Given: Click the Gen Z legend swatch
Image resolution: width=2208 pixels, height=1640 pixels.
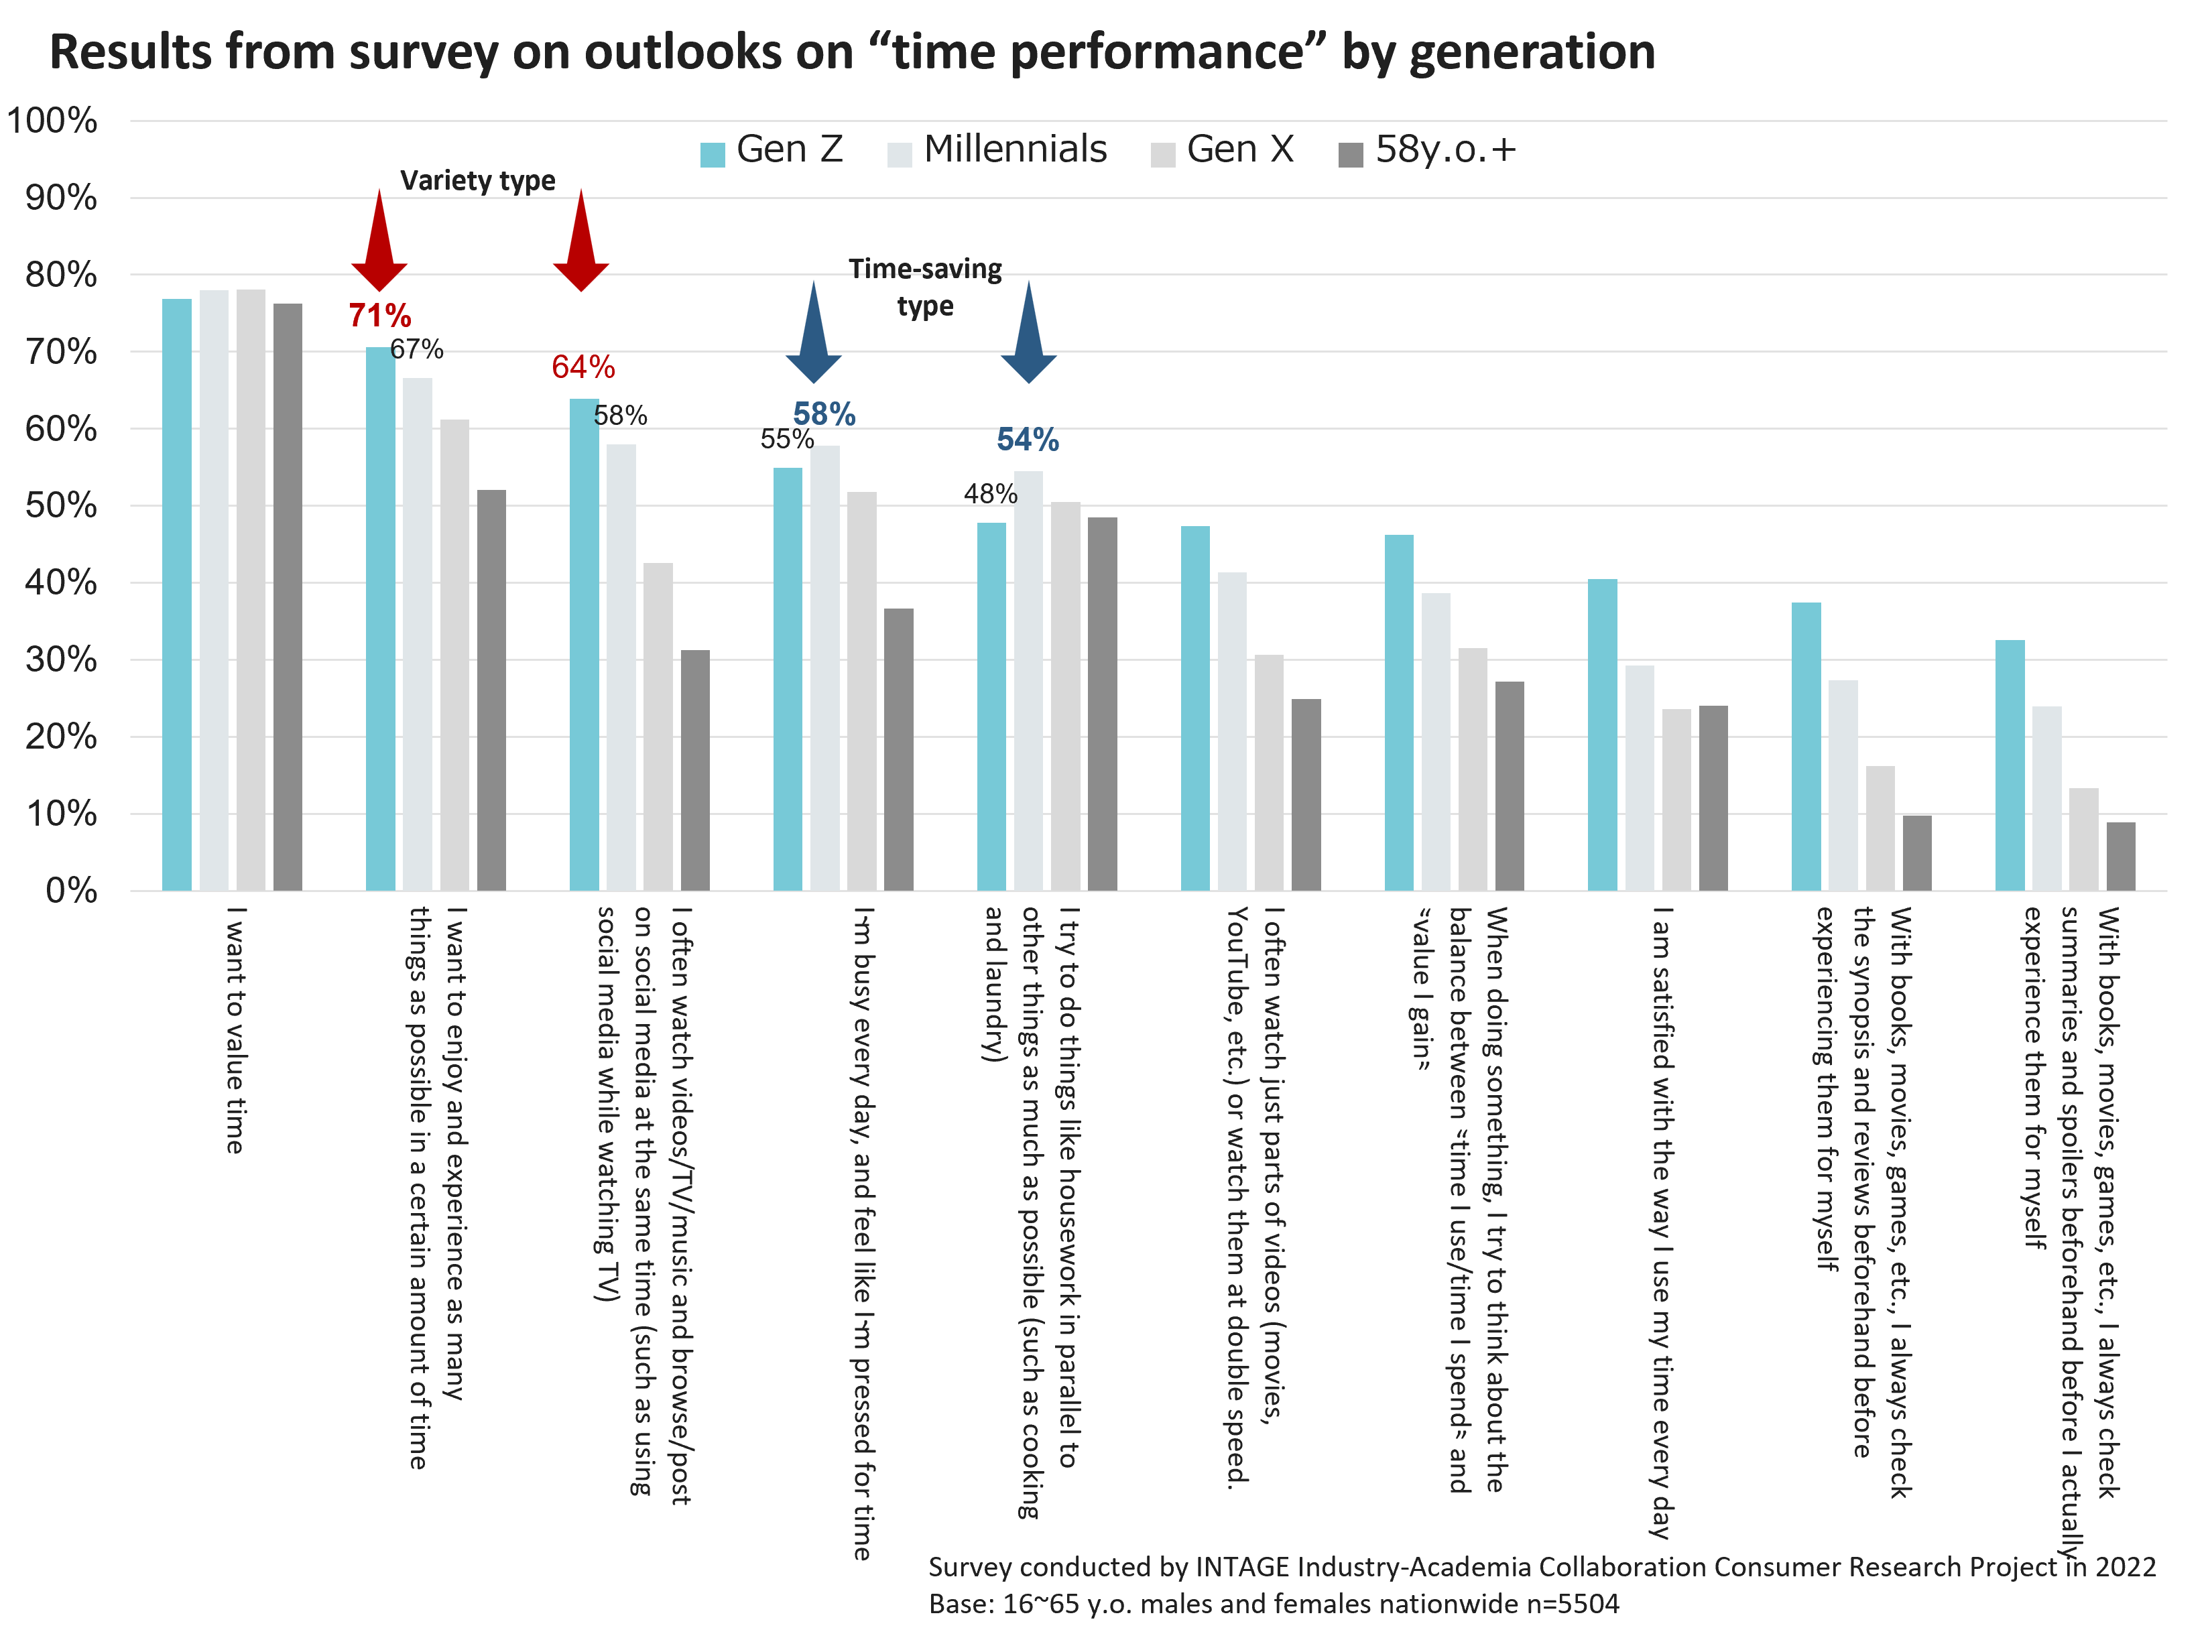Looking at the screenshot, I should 712,155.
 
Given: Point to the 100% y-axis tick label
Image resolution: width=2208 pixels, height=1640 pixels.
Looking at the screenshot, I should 52,121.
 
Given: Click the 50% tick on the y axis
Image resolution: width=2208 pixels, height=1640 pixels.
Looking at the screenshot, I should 62,506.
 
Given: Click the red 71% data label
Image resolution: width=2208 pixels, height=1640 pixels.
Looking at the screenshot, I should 379,316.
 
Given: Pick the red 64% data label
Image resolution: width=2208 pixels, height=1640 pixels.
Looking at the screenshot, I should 582,367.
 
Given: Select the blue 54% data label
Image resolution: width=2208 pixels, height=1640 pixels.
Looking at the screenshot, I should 1028,440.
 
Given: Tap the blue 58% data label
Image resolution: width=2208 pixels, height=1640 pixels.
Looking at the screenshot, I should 824,414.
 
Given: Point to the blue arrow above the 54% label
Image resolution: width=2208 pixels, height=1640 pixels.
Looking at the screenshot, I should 1028,332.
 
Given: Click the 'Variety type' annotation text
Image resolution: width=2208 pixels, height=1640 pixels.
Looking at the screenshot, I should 477,181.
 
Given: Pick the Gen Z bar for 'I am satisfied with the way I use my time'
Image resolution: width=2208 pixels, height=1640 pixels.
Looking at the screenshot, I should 1603,735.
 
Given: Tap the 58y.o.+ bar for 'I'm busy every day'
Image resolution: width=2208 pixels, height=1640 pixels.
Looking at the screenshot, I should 898,749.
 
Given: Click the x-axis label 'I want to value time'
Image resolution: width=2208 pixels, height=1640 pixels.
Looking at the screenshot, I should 235,1029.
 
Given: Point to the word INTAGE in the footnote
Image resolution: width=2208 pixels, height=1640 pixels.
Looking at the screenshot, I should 1241,1566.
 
